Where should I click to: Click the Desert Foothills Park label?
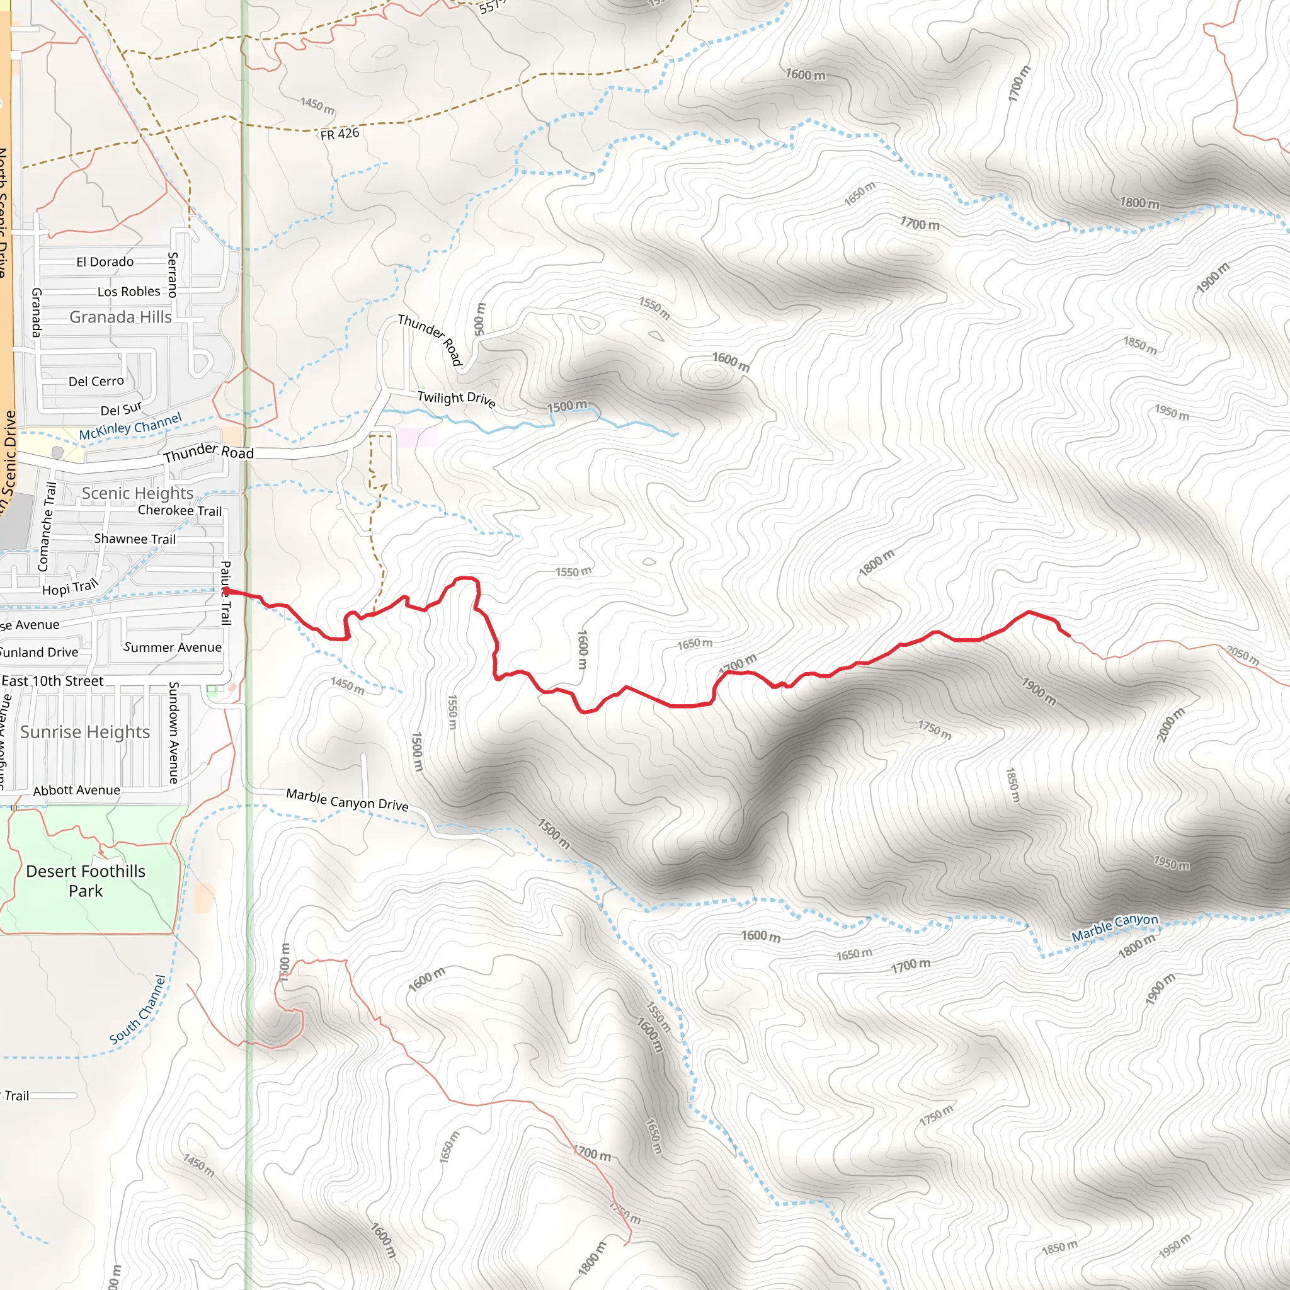86,881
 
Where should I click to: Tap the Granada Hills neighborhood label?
121,317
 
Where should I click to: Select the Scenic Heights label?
137,493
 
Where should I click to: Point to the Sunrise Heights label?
85,732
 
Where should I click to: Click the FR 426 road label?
340,134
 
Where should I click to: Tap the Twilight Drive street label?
456,399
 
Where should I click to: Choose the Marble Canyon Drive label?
346,799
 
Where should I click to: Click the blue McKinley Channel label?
130,426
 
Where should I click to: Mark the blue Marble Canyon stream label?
1114,927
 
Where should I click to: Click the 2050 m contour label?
1243,655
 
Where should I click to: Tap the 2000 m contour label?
1170,724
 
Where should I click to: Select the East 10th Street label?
53,681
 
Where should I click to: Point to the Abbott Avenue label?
77,790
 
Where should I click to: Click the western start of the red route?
226,591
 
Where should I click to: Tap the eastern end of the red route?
1069,635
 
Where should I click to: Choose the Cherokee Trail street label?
180,511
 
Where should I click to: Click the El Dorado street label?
105,262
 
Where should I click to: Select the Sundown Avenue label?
174,732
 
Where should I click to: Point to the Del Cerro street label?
96,381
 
